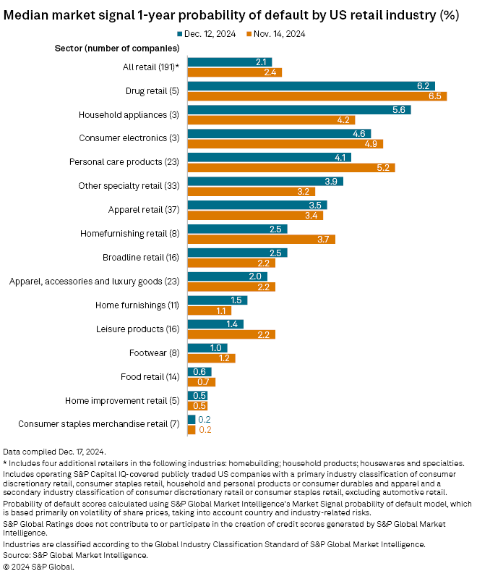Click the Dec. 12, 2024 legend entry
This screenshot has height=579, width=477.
208,33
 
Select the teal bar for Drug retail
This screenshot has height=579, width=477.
311,85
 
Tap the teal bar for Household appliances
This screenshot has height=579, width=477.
298,110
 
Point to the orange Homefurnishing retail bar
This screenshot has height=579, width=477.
261,239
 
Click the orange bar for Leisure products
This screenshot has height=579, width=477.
231,334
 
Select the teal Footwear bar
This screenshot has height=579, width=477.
207,347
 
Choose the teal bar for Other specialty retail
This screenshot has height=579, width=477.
265,181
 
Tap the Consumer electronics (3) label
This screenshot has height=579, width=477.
139,138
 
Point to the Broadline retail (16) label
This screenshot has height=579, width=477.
141,258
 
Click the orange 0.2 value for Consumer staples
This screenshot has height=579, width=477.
205,429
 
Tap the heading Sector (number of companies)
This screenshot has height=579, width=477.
117,48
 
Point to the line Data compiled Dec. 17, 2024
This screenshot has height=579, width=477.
54,452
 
